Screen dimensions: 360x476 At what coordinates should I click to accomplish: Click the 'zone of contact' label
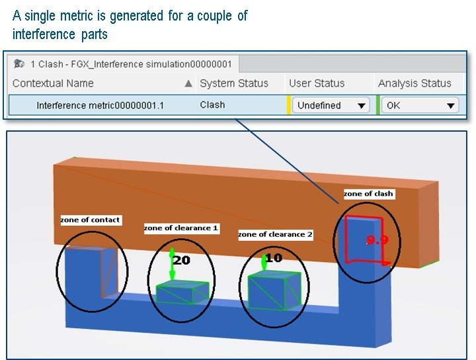tap(91, 220)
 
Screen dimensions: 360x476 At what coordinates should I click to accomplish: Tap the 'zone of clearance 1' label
tap(181, 228)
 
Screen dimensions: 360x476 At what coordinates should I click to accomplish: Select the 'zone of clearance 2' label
tap(275, 234)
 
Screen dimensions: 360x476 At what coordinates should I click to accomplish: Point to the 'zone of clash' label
tap(368, 194)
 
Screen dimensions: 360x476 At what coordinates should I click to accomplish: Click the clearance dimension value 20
tap(182, 260)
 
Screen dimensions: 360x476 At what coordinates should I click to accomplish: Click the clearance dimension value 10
tap(273, 257)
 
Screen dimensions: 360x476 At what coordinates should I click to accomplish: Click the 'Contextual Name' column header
tap(53, 83)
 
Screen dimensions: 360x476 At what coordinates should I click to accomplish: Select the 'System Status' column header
tap(234, 83)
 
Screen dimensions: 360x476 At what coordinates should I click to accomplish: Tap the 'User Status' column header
tap(317, 83)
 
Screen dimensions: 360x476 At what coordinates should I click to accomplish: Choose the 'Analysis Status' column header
tap(415, 83)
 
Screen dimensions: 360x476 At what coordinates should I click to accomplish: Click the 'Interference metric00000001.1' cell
tap(100, 105)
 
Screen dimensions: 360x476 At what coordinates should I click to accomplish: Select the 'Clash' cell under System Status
tap(212, 105)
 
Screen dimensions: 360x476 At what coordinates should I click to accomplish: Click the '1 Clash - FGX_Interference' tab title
tap(131, 64)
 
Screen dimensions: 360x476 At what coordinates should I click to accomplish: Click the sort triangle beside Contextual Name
tap(188, 83)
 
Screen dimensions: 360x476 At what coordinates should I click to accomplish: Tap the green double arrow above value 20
tap(172, 263)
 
